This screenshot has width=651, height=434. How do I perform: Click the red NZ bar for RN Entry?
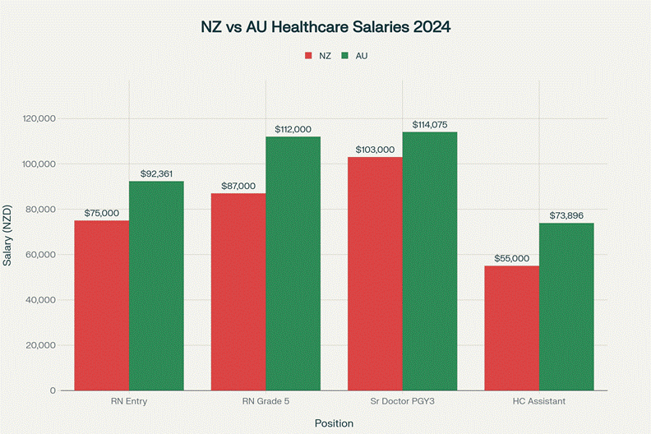click(x=101, y=305)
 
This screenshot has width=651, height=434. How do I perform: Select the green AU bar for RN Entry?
click(x=156, y=285)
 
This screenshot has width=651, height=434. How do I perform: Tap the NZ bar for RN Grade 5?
click(x=238, y=291)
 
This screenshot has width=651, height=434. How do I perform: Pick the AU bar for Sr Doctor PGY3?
click(x=430, y=261)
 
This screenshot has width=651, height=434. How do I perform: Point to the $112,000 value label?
click(x=293, y=129)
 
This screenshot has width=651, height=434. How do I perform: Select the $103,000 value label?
click(x=375, y=150)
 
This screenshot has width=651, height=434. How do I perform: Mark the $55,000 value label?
click(x=511, y=258)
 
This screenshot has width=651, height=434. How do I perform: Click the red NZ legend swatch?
click(x=308, y=56)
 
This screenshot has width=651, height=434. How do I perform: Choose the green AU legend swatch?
click(x=346, y=56)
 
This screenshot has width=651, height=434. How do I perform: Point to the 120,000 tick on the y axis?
click(x=38, y=118)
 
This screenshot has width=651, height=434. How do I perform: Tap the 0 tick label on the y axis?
click(x=52, y=390)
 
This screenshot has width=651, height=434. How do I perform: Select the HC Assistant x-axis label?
click(x=539, y=401)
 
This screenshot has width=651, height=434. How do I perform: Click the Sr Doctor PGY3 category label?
click(x=402, y=401)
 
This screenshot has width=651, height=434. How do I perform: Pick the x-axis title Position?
click(x=334, y=423)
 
